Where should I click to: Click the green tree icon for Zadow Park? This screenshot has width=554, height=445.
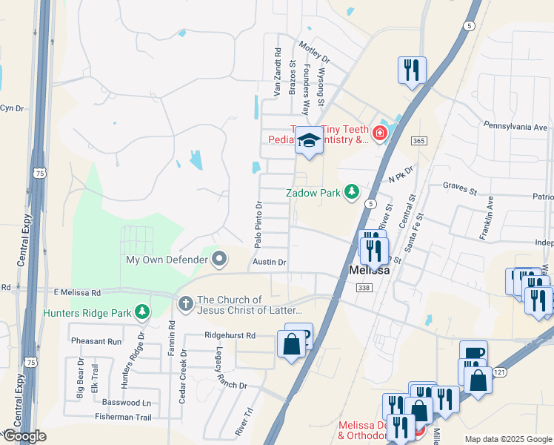[352, 193]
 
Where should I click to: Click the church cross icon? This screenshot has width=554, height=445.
[185, 303]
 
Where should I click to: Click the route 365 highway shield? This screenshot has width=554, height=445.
[418, 141]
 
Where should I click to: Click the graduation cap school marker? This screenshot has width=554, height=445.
[309, 139]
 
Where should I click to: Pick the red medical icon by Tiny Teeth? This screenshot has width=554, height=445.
[380, 133]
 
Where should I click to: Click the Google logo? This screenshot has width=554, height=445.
[24, 436]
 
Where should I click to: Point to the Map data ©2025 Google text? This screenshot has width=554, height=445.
[508, 439]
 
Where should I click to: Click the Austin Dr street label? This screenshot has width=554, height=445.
[269, 262]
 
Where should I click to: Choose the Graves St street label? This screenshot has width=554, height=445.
[459, 191]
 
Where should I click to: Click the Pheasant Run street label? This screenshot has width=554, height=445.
[96, 341]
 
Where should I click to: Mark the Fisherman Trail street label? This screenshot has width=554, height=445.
[123, 418]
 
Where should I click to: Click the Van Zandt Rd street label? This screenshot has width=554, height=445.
[278, 73]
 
